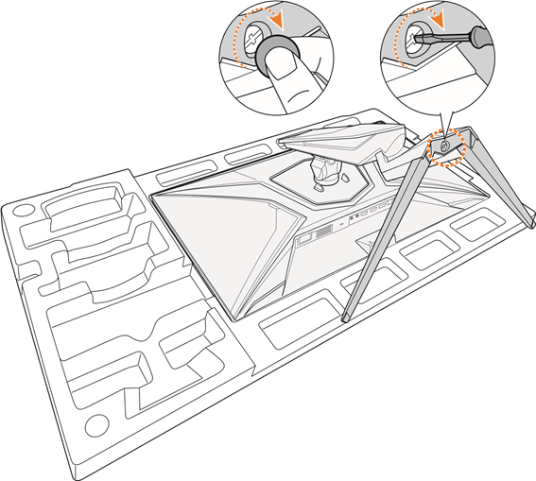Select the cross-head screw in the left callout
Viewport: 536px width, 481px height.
pyautogui.click(x=255, y=38)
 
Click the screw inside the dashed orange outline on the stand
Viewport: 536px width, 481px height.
pyautogui.click(x=441, y=147)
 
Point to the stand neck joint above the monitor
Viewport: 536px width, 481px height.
pyautogui.click(x=322, y=171)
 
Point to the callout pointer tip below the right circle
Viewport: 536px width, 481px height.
pyautogui.click(x=443, y=130)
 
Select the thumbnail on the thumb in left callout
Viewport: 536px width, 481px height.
pyautogui.click(x=280, y=61)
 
